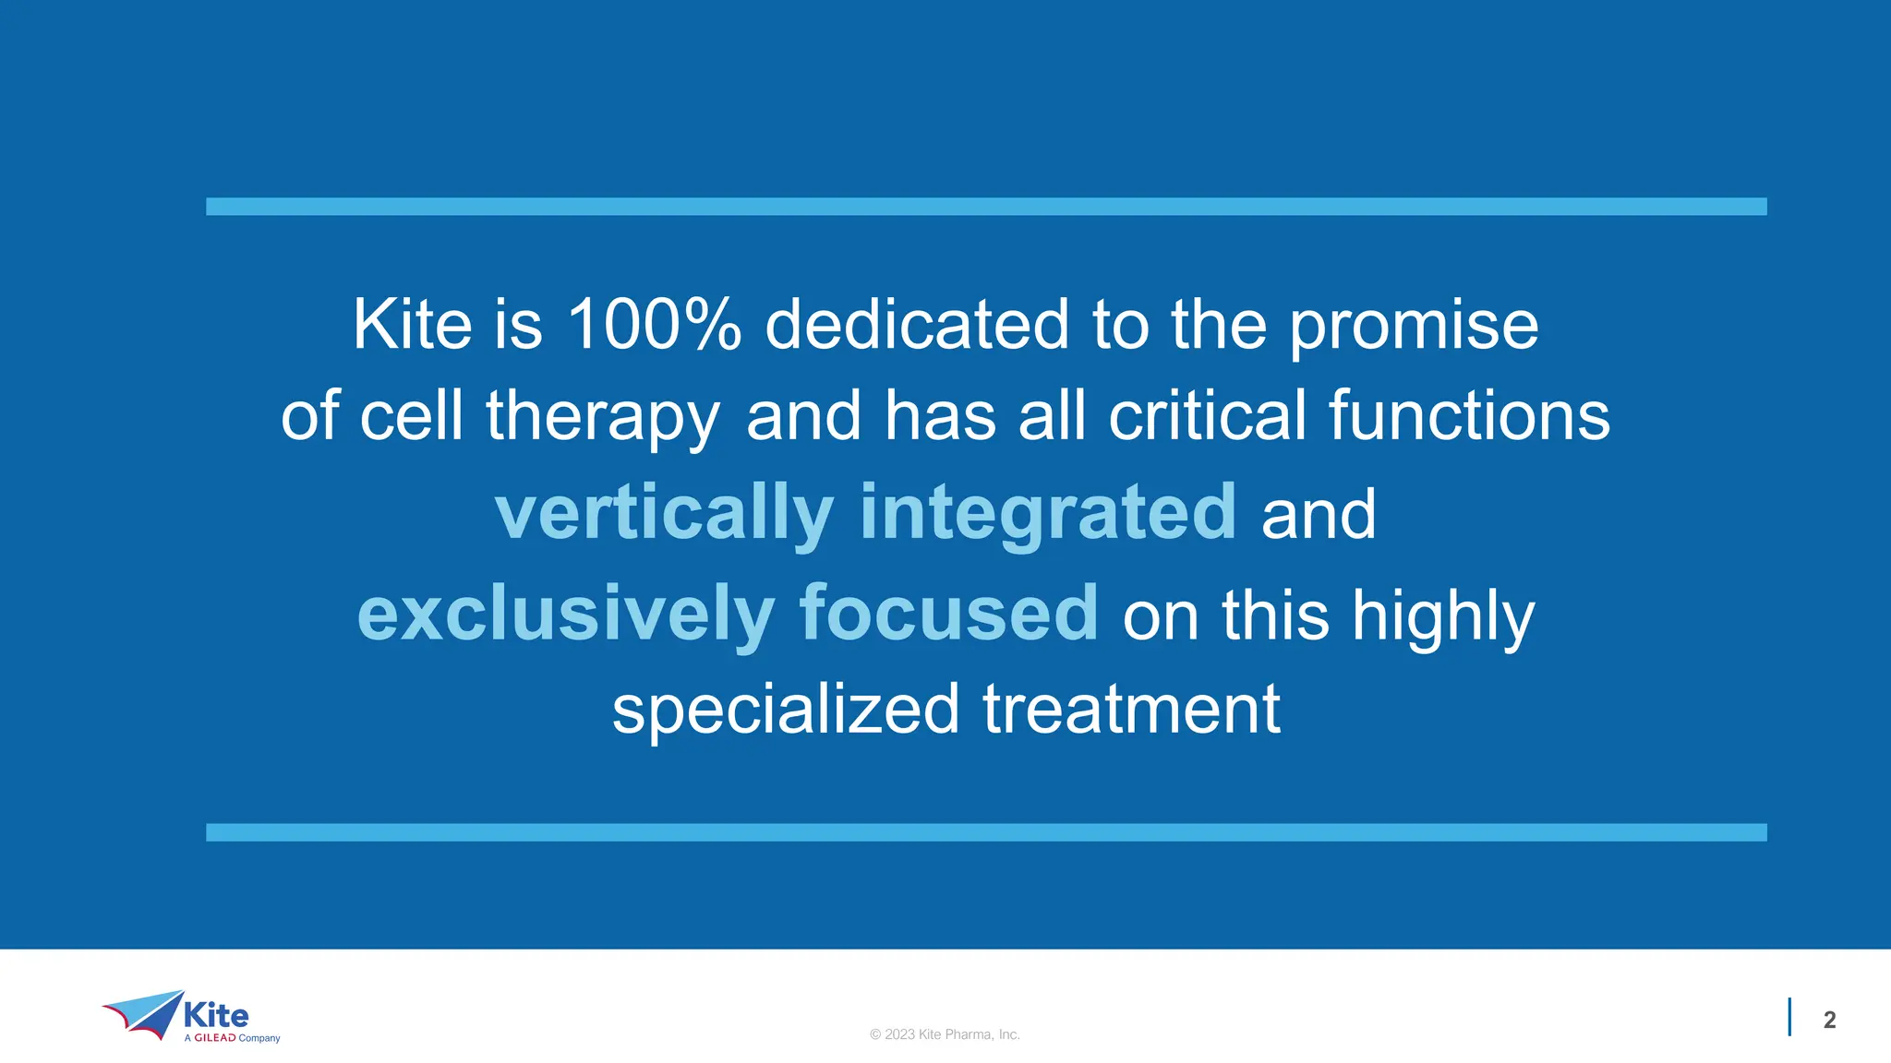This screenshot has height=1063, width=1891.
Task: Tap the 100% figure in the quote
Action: pos(654,325)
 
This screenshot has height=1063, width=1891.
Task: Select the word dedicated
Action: pos(917,325)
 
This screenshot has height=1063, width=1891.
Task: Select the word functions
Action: pos(1469,415)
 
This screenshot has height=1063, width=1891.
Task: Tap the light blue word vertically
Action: pos(664,515)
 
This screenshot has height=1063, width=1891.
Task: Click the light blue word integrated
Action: pos(1048,515)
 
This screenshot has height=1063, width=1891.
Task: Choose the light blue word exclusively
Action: pos(565,615)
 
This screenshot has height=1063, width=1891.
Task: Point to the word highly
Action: pos(1443,618)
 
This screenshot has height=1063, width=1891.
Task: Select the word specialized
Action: pos(786,711)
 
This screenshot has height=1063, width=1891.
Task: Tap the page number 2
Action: pos(1829,1020)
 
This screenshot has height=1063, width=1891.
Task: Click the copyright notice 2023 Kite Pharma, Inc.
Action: pos(945,1034)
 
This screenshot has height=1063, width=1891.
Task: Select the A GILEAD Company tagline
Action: pos(232,1038)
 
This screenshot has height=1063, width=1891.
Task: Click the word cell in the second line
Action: pos(411,415)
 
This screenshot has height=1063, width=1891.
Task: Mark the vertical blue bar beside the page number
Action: pos(1789,1017)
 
